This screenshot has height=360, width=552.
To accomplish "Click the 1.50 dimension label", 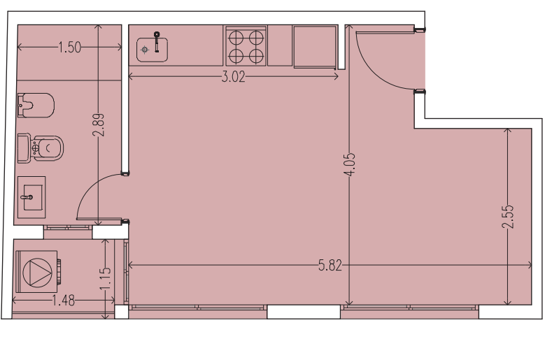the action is click(69, 47).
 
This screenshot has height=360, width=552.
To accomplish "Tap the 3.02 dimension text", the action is click(233, 77).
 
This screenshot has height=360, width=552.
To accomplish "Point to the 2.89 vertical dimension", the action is click(98, 124).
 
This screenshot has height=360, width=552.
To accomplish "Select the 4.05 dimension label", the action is click(350, 164).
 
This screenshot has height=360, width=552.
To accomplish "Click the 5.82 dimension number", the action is click(330, 266).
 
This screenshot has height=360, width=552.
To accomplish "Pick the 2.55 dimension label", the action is click(508, 217).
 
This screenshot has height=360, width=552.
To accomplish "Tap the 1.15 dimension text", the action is click(106, 279).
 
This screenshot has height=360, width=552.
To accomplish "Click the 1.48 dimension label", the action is click(64, 301).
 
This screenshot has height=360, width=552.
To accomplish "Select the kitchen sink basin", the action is click(152, 50).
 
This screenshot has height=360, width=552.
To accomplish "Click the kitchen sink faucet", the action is click(157, 41).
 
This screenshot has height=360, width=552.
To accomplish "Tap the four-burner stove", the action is click(246, 45).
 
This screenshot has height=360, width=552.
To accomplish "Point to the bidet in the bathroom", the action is click(36, 106).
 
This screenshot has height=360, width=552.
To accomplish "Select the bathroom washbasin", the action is click(31, 197).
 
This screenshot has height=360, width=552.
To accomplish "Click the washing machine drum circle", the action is click(37, 272).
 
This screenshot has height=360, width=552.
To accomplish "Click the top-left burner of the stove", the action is click(236, 37).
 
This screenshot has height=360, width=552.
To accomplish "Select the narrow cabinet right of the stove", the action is click(280, 45).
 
